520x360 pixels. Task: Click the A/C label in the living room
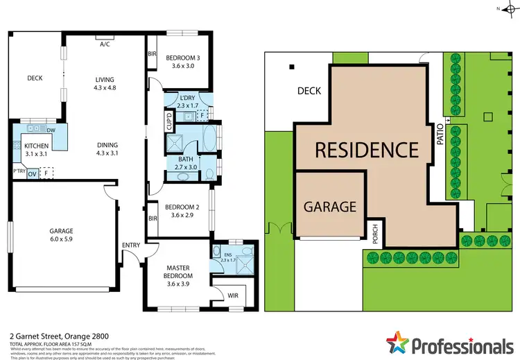tap(105, 44)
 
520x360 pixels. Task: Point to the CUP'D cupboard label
tap(169, 122)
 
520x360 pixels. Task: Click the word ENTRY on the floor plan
tap(130, 245)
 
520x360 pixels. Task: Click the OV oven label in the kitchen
tap(32, 174)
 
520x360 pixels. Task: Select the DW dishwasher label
tap(51, 130)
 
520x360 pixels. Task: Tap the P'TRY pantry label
tap(19, 170)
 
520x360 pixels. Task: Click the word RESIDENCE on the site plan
tap(367, 149)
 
